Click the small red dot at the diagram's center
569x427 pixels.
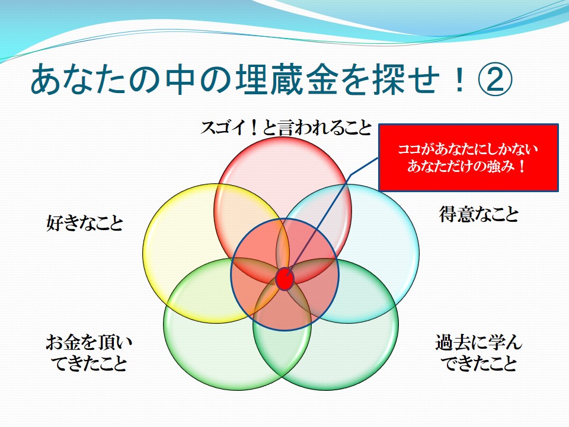coord(285,279)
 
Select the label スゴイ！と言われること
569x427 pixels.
coord(286,128)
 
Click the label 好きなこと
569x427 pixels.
coord(85,222)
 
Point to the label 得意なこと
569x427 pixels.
coord(480,214)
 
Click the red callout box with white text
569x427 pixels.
coord(468,158)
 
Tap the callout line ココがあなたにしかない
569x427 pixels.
coord(468,149)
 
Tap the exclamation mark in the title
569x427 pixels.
coord(459,79)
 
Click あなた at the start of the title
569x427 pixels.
coord(80,79)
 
